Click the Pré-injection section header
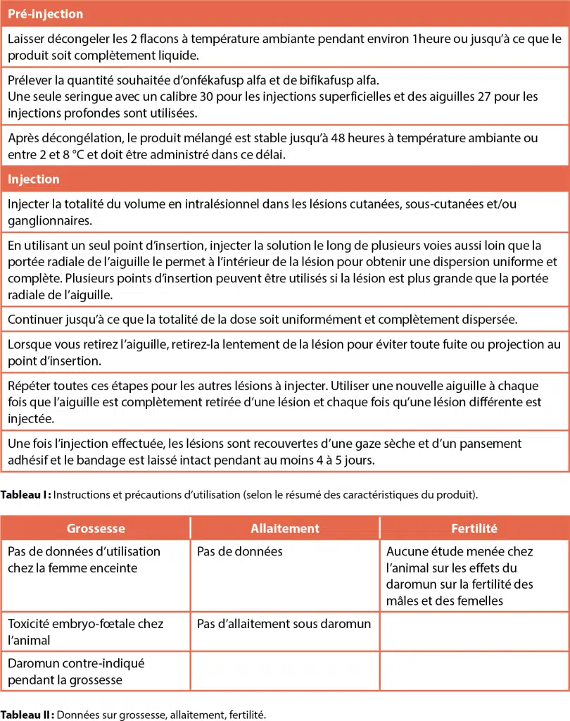[x=45, y=14]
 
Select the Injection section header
[x=34, y=179]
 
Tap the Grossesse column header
[x=96, y=528]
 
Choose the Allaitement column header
[x=285, y=528]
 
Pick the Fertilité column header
[x=474, y=528]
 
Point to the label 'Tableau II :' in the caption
[x=27, y=715]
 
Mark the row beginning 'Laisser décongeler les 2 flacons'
[x=284, y=46]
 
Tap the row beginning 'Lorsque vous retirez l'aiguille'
[x=284, y=352]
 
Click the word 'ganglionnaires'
[x=50, y=220]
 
